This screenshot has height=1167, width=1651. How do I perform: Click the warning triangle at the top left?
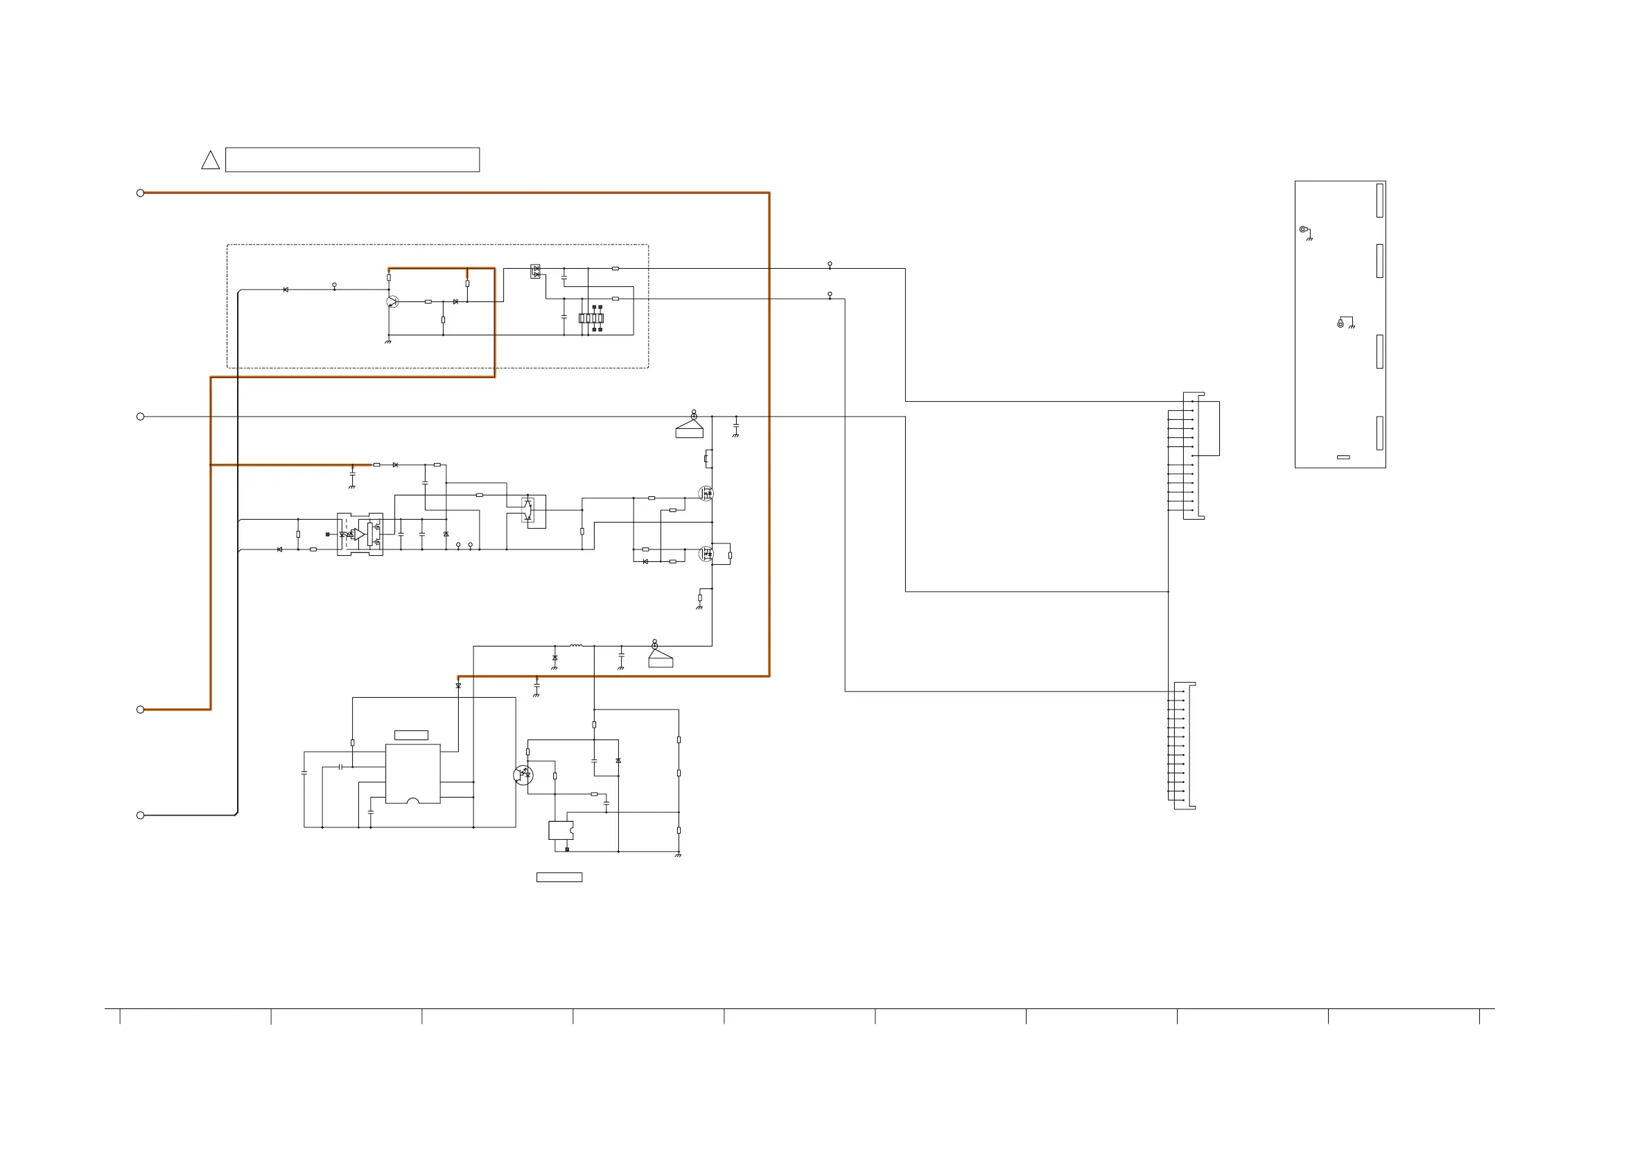point(210,161)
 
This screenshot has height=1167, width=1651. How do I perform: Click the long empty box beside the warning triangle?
point(352,159)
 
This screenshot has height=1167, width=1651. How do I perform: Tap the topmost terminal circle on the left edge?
point(140,193)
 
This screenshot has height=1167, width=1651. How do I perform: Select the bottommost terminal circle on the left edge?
point(140,816)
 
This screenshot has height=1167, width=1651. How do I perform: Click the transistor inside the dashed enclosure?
point(392,301)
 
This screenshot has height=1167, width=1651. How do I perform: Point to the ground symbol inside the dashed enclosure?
point(388,342)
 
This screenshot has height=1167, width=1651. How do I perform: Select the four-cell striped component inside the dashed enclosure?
point(591,318)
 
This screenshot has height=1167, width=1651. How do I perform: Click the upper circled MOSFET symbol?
point(706,493)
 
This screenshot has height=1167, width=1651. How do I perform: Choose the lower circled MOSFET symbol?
point(706,554)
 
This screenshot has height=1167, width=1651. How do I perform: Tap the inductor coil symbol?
point(576,646)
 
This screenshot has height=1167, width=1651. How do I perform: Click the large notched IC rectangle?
point(413,773)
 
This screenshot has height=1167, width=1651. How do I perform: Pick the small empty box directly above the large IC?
point(411,735)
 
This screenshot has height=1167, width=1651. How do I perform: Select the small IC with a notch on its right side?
point(561,830)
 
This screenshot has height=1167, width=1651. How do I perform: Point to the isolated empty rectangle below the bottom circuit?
point(559,877)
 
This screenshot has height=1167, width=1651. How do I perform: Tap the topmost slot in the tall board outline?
point(1380,200)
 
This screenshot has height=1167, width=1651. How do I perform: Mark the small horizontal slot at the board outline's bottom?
point(1343,457)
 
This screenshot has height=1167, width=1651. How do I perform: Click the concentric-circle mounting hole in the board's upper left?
point(1302,229)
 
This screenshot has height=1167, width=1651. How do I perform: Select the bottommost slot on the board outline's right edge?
point(1380,433)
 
